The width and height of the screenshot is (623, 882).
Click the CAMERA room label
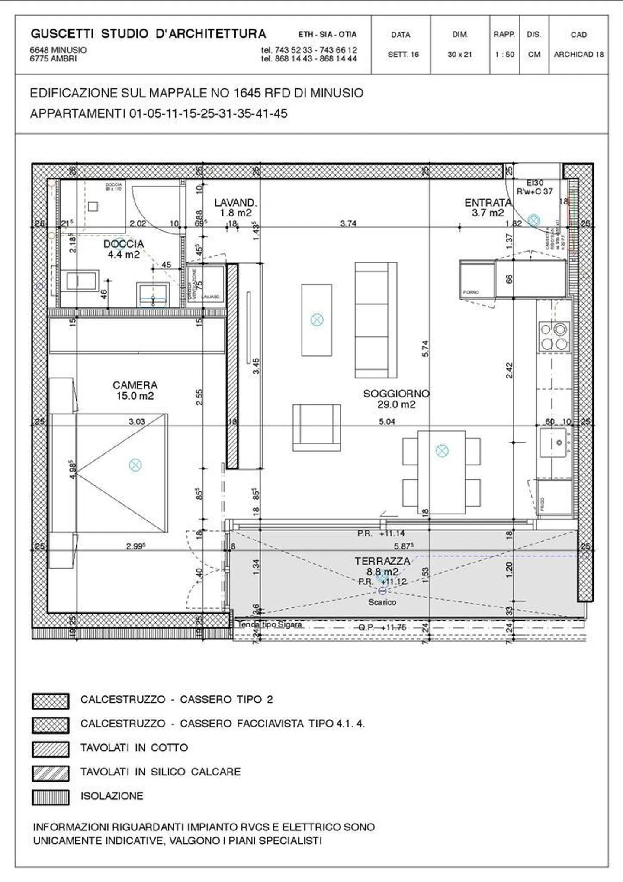click(x=135, y=385)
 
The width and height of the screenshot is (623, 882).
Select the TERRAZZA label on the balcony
click(x=382, y=561)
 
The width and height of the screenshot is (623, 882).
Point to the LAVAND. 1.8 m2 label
click(x=235, y=207)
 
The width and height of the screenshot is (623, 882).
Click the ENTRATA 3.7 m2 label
click(x=488, y=207)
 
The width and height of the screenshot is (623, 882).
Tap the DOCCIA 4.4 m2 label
click(x=123, y=249)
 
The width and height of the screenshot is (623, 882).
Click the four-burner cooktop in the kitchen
click(x=554, y=336)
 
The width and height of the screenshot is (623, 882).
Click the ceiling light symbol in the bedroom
click(x=135, y=465)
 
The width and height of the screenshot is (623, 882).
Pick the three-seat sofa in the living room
click(x=376, y=320)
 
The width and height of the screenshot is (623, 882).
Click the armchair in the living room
click(x=316, y=427)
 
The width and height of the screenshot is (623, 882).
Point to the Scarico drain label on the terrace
click(x=382, y=602)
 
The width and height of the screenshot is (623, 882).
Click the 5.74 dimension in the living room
click(x=425, y=348)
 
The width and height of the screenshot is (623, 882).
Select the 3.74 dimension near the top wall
click(x=348, y=223)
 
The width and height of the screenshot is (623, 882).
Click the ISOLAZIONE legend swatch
click(x=51, y=797)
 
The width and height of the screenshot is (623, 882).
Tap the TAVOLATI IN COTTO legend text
click(x=134, y=748)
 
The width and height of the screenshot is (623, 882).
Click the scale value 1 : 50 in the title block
click(x=504, y=55)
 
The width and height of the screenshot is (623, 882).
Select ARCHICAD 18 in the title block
click(x=578, y=55)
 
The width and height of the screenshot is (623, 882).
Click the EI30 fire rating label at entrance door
click(x=535, y=183)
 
